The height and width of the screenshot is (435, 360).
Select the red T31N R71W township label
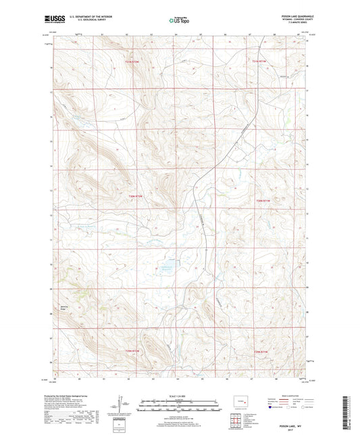coord(261,61)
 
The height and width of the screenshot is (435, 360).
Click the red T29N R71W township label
coord(261,352)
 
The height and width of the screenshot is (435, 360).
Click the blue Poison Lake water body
coord(166,267)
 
